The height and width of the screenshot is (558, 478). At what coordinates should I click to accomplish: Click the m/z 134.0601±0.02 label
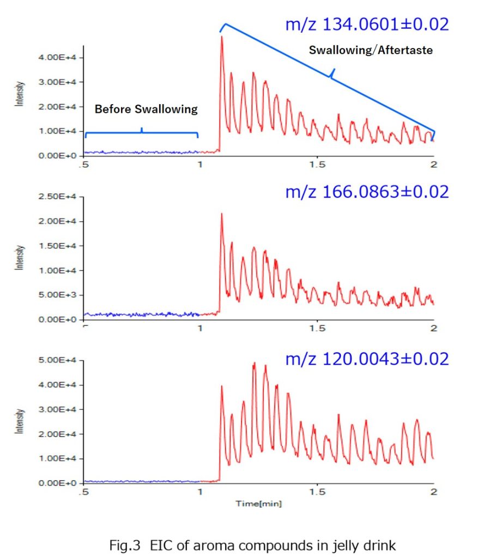coord(367,25)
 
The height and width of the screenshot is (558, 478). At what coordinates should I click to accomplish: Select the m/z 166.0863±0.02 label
coord(367,192)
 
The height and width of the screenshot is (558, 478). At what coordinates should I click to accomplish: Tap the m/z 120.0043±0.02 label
coord(367,359)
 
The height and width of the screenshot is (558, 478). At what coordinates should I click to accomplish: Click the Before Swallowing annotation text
coord(146,109)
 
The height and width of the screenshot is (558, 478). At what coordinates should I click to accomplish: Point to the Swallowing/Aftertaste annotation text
coord(371,50)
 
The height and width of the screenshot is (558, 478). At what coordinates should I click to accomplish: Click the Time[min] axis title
coord(258,504)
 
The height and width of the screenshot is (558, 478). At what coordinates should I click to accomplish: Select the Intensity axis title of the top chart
coord(20,94)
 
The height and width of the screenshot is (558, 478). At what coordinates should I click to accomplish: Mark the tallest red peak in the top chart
coord(222,37)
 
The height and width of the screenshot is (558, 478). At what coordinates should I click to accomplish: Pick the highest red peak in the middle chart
coord(222,214)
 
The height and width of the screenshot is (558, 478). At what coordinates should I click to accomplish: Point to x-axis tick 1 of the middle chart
coord(201,329)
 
